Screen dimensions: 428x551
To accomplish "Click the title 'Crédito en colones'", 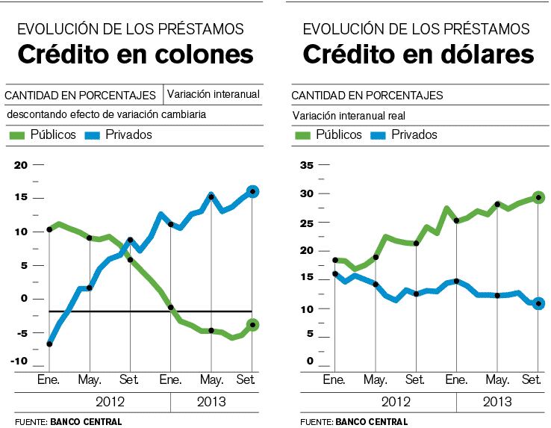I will (136, 55).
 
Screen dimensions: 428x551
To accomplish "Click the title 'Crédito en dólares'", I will (418, 55).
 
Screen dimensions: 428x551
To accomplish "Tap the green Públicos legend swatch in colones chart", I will (17, 135).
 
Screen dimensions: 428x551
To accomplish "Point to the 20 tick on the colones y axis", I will (20, 165).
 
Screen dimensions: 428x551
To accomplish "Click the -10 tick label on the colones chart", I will (19, 362).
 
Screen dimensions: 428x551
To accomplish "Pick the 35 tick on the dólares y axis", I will (305, 165).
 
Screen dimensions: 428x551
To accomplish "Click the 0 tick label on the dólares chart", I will (309, 362).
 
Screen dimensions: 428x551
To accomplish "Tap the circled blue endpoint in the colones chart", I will (252, 192).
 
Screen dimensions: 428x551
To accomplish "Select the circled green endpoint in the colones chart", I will (252, 324).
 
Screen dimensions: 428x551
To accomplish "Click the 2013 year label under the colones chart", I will (211, 402).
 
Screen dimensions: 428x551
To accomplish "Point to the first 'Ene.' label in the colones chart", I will (49, 380).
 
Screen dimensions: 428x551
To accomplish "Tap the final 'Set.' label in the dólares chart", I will (531, 380).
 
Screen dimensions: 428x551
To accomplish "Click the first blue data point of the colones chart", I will (49, 344).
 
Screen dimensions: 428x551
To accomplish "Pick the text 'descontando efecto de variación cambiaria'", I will (106, 115).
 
